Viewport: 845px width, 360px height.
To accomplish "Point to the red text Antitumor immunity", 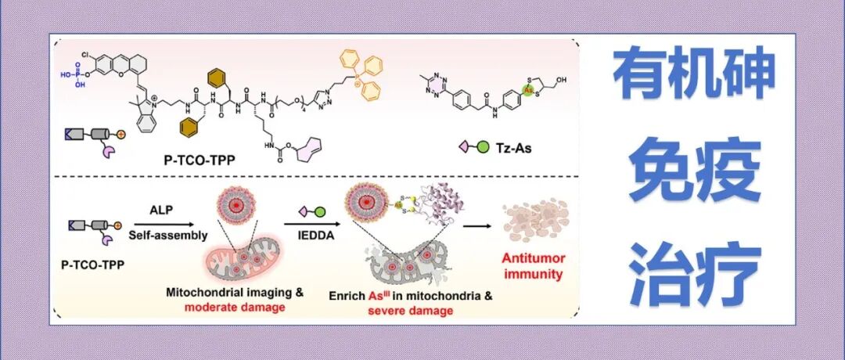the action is pyautogui.click(x=534, y=266).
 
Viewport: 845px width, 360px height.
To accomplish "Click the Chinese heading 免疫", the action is pyautogui.click(x=693, y=173).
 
